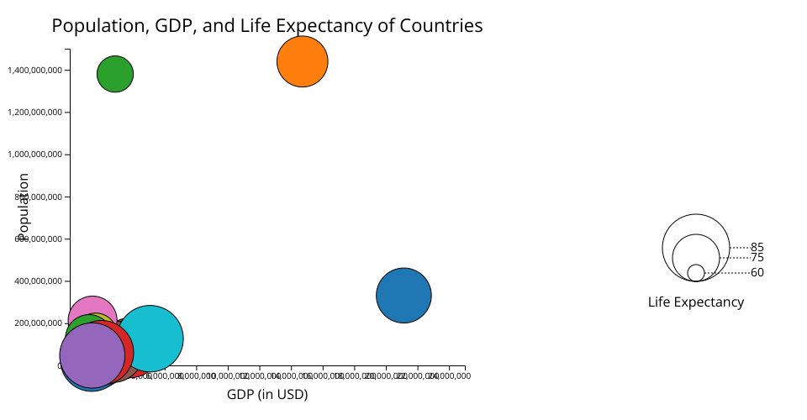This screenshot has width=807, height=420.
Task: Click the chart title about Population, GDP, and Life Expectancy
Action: coord(267,26)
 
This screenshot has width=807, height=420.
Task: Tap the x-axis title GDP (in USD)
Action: coord(267,394)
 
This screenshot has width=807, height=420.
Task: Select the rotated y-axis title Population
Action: coord(24,204)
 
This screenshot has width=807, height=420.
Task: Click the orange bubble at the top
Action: coord(302,61)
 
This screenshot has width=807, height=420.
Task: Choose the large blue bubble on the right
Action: coord(403,295)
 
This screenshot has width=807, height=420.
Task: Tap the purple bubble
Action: coord(91,354)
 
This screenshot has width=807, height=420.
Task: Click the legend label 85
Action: coord(757,248)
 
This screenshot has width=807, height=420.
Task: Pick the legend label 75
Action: coord(757,258)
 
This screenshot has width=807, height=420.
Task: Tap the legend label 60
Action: coord(757,273)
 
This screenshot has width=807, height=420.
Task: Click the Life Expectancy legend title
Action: coord(696,302)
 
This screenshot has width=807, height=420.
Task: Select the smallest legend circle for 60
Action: coord(696,273)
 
